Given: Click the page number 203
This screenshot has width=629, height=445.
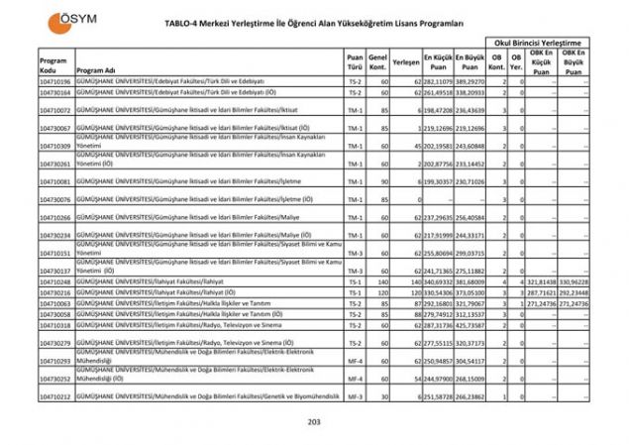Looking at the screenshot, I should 315,423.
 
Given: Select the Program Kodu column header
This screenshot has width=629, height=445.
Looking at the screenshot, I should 53,65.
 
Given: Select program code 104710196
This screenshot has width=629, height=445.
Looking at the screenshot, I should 55,80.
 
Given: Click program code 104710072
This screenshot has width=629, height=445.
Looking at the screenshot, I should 55,110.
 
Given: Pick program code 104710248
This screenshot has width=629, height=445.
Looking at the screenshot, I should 55,282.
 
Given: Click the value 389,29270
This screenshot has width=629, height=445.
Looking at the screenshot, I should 471,80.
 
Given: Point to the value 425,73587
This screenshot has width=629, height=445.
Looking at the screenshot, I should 471,324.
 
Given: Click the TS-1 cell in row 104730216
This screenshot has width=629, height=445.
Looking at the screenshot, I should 355,293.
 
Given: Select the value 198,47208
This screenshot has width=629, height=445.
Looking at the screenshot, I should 439,110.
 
